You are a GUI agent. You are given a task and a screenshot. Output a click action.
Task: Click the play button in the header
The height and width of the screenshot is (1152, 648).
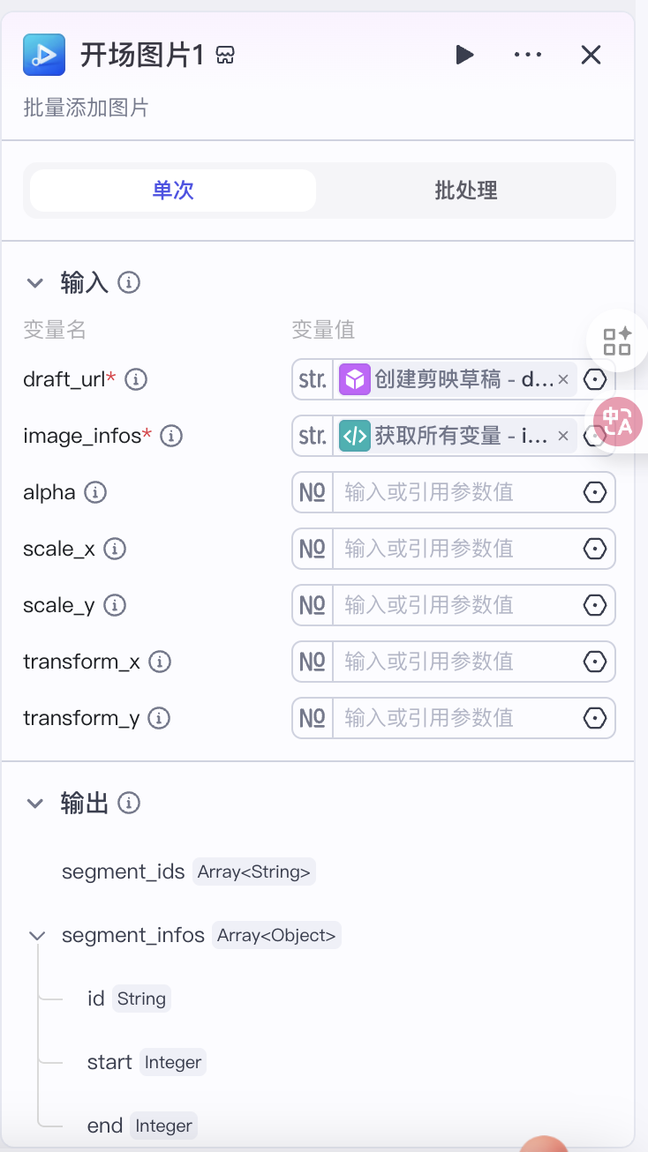point(464,55)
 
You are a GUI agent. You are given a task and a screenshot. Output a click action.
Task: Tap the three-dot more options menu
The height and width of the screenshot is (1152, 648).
point(528,55)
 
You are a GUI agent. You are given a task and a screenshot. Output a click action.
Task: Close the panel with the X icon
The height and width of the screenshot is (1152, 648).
point(591,55)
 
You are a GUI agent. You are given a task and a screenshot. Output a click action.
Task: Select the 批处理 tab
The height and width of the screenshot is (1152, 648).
point(466,191)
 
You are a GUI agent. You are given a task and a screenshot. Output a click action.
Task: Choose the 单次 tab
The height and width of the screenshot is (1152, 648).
point(173,191)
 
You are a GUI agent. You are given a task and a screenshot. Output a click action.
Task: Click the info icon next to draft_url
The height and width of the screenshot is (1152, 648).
point(136,379)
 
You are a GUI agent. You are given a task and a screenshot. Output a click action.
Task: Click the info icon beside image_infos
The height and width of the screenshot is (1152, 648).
point(171,436)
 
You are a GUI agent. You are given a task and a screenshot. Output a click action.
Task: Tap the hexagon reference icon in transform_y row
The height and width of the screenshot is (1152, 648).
point(594,718)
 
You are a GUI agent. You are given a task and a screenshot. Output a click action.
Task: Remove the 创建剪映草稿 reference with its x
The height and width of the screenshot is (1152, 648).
point(563,379)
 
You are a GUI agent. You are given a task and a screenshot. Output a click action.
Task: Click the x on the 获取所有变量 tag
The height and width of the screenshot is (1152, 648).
point(563,436)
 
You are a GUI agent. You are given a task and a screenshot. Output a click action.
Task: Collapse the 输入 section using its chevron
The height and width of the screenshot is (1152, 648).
point(35,283)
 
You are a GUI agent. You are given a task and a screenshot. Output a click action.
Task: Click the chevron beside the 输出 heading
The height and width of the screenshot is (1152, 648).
point(35,804)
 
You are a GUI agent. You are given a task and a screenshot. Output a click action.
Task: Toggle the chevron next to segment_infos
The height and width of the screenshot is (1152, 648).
point(37,936)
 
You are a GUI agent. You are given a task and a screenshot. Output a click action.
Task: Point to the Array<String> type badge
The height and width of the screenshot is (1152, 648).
point(253,871)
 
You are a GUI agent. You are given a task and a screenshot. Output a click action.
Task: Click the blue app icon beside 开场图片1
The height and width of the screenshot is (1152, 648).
point(44,55)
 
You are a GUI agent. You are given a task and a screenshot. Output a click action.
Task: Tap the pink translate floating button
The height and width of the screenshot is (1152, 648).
point(617,422)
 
